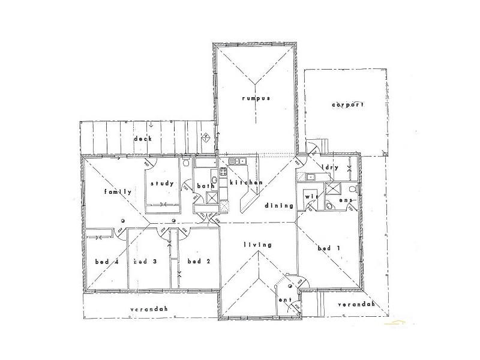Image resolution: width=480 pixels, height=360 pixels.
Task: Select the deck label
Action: [x=143, y=139]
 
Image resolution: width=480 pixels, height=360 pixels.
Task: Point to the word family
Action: [x=117, y=192]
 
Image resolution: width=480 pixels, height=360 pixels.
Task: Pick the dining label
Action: [x=282, y=206]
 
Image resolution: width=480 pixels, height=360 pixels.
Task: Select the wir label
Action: [x=311, y=196]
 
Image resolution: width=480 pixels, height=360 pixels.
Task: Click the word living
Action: [x=258, y=245]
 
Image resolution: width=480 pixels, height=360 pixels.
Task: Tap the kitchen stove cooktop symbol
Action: [x=223, y=175]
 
